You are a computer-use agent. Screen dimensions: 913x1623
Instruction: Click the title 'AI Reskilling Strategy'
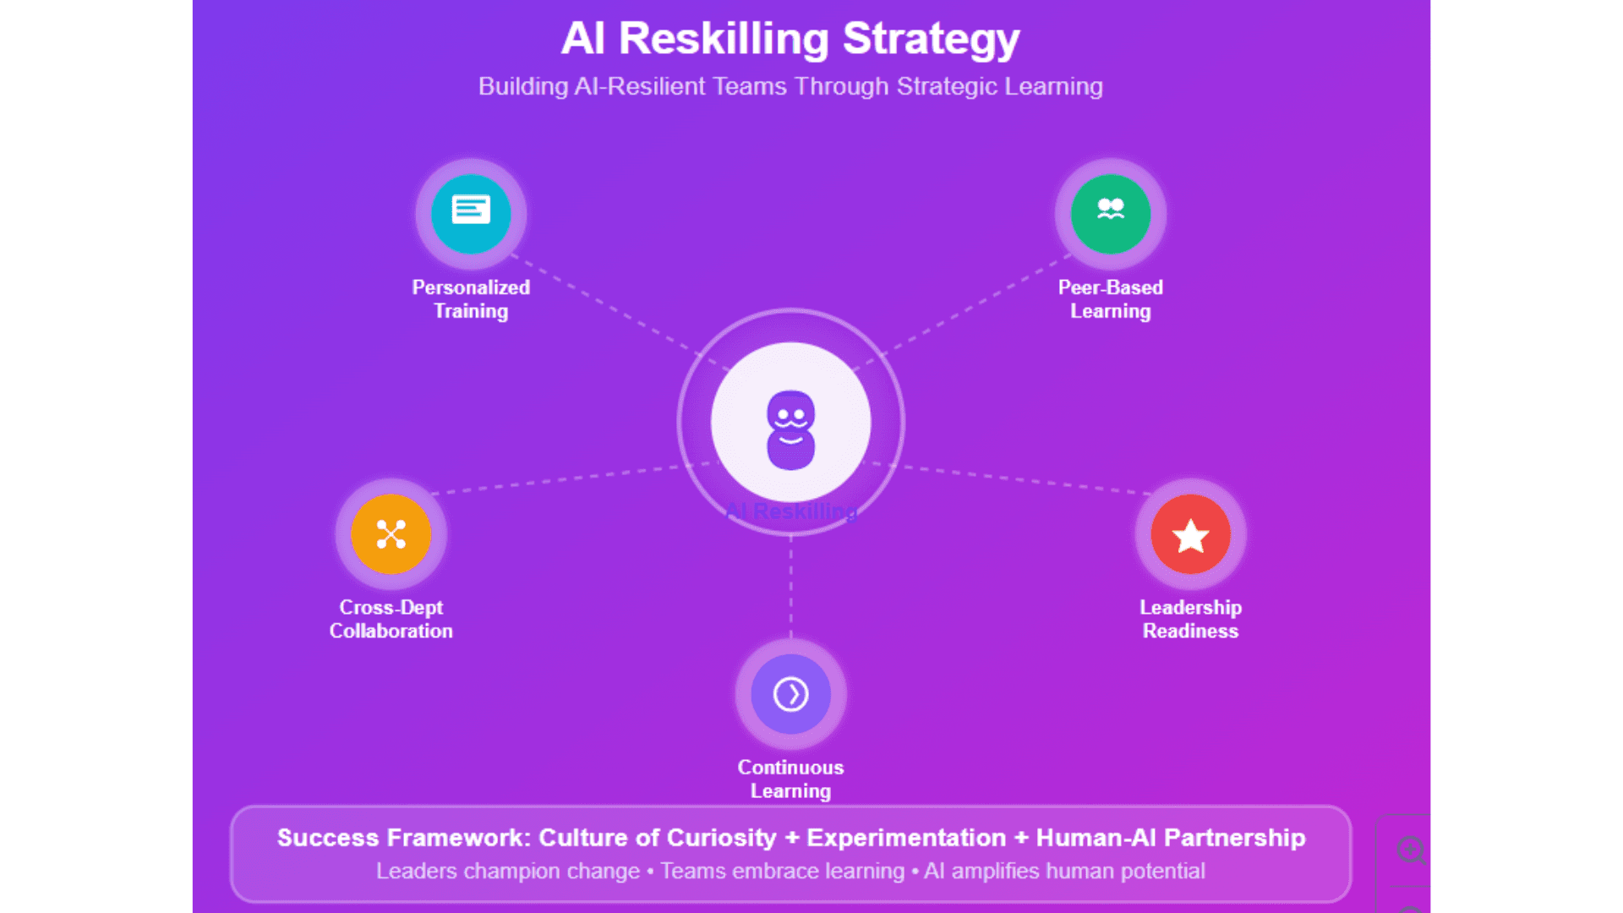[x=790, y=39]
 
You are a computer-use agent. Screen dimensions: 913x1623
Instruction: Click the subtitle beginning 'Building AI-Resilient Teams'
[x=790, y=86]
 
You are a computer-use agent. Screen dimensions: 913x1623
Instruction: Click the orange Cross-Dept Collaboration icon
[x=391, y=534]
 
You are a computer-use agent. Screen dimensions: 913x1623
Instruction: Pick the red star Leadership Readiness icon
[x=1190, y=534]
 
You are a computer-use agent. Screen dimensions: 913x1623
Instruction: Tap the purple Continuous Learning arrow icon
[x=790, y=694]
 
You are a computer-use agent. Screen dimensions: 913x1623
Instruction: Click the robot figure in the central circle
[x=790, y=429]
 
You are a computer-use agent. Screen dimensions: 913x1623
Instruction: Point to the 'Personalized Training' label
[x=471, y=299]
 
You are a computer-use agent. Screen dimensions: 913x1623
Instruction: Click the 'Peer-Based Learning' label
[x=1110, y=299]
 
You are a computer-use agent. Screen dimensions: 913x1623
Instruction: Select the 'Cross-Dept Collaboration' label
[x=391, y=619]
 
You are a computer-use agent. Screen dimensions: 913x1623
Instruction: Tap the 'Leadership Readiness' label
[x=1190, y=619]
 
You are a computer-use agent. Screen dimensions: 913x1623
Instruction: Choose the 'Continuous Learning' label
[x=790, y=779]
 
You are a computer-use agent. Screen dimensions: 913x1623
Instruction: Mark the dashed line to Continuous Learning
[x=790, y=588]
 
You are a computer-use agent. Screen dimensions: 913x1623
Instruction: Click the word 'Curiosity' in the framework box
[x=721, y=838]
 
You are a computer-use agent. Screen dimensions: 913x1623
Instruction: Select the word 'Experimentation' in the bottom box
[x=906, y=838]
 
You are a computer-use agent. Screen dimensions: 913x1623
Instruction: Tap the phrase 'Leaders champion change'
[x=507, y=871]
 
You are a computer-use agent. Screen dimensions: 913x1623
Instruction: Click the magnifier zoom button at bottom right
[x=1410, y=850]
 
